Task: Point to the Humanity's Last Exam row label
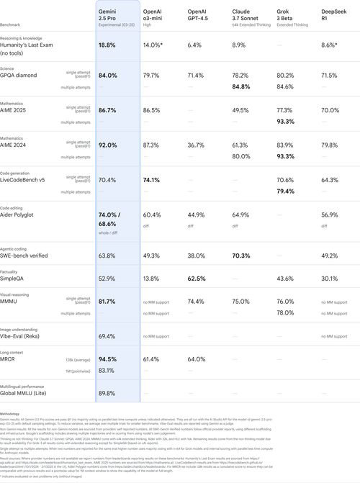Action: (x=25, y=48)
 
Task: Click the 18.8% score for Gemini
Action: (x=108, y=45)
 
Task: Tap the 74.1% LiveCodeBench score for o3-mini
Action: (x=153, y=179)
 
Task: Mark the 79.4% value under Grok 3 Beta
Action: (x=286, y=191)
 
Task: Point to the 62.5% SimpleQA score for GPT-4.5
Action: (x=197, y=278)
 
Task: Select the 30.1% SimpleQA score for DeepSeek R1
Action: (x=330, y=278)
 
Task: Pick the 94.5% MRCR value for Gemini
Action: (x=108, y=358)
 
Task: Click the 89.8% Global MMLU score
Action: (x=108, y=393)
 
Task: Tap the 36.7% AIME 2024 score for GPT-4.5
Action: (x=197, y=145)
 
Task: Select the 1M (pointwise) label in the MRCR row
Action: (x=76, y=370)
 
